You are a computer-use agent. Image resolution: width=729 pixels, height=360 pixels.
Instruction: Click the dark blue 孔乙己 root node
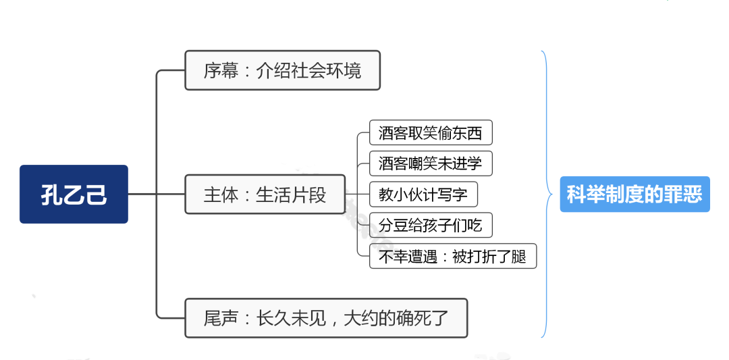[74, 195]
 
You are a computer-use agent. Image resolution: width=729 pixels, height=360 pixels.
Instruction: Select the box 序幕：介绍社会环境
[282, 70]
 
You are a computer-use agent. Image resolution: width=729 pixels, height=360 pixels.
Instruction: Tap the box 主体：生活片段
[265, 195]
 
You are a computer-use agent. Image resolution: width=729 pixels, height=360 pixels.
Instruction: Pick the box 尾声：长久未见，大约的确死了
[326, 317]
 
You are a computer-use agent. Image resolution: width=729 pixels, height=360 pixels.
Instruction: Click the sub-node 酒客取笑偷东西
[431, 133]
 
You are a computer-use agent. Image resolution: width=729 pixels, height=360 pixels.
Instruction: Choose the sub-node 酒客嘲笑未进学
[431, 164]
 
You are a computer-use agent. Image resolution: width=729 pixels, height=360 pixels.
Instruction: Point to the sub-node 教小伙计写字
[423, 195]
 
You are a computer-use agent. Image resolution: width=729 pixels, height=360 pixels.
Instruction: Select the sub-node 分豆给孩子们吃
[431, 226]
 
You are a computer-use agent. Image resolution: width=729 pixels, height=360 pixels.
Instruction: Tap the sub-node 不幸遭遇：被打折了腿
[452, 257]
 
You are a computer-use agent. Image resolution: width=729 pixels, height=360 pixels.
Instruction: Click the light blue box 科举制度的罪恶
[634, 195]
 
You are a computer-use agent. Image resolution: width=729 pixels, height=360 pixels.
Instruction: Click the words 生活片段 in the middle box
[291, 195]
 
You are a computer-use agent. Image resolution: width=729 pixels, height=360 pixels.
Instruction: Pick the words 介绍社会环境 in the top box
[309, 70]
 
